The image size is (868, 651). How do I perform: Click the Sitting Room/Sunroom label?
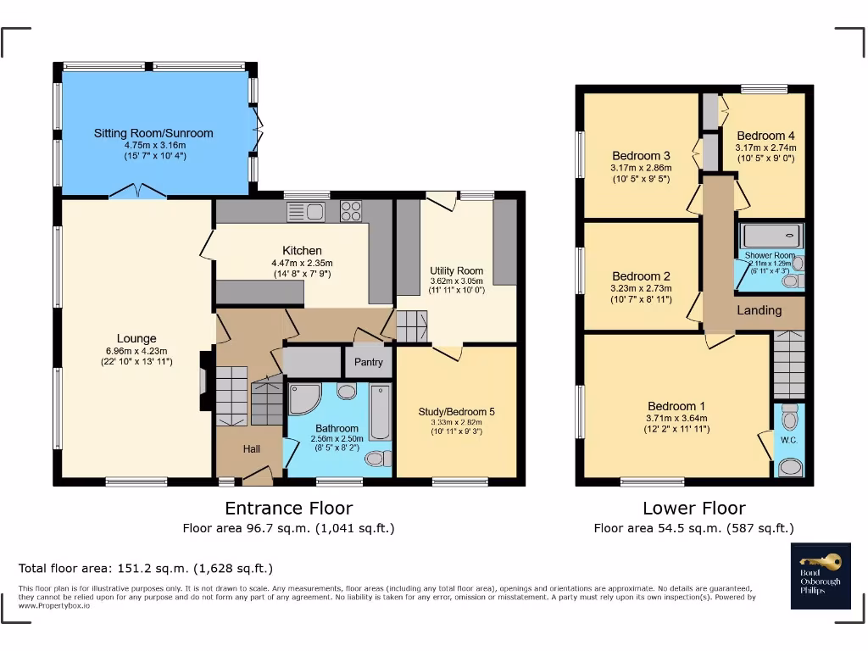point(153,133)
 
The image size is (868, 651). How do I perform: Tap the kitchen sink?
point(306,211)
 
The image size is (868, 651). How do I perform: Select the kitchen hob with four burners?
point(351,211)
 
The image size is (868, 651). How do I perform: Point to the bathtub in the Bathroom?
point(381,412)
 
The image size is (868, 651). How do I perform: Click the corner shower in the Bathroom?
point(303,399)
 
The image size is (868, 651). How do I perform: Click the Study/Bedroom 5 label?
point(456,412)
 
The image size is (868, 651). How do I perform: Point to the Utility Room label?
point(456,269)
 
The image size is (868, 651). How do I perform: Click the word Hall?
point(252,449)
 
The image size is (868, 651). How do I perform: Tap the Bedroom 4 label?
point(765,136)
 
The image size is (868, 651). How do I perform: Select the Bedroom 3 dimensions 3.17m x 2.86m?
point(641,168)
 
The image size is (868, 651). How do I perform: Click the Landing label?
point(759,310)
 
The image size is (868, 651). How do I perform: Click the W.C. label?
point(788,440)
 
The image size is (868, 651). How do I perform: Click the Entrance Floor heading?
point(288,509)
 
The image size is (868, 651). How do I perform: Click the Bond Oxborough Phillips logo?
point(821,576)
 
